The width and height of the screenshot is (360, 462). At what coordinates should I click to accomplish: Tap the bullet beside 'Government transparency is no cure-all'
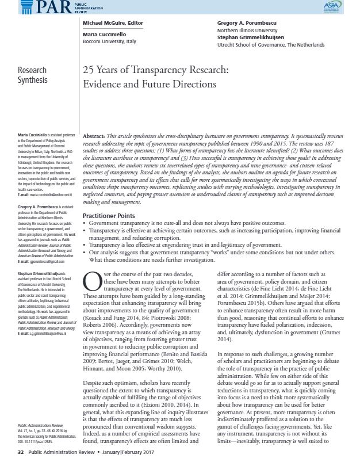coord(85,205)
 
